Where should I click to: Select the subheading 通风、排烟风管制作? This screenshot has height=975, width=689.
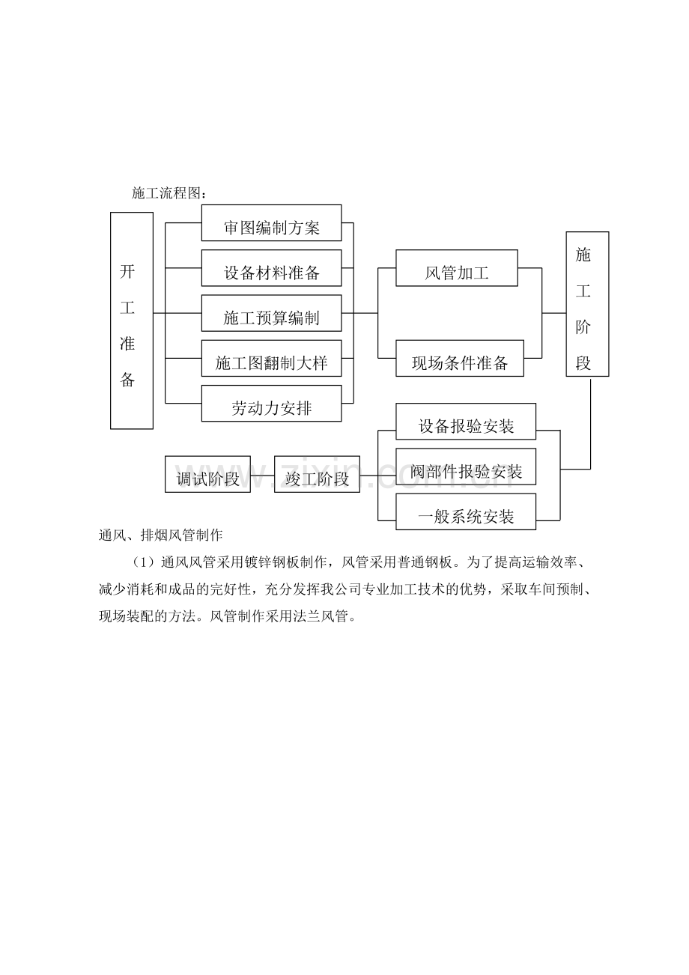point(160,535)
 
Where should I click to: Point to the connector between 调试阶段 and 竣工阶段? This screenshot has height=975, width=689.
point(262,476)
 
